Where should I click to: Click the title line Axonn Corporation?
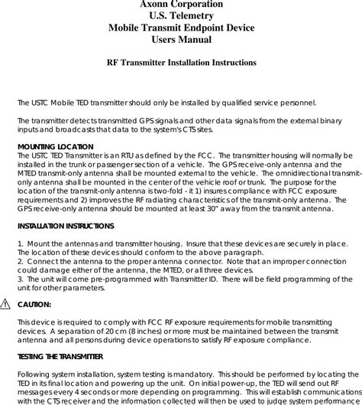[x=181, y=5]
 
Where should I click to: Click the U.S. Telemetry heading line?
[x=181, y=16]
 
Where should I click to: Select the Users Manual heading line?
[x=181, y=39]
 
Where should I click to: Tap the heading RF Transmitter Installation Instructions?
[x=181, y=62]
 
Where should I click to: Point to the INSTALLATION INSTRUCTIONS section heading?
[x=66, y=227]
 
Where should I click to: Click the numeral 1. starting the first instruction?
[x=20, y=243]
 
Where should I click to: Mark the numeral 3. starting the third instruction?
[x=20, y=281]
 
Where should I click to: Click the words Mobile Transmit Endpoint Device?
[x=181, y=28]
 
